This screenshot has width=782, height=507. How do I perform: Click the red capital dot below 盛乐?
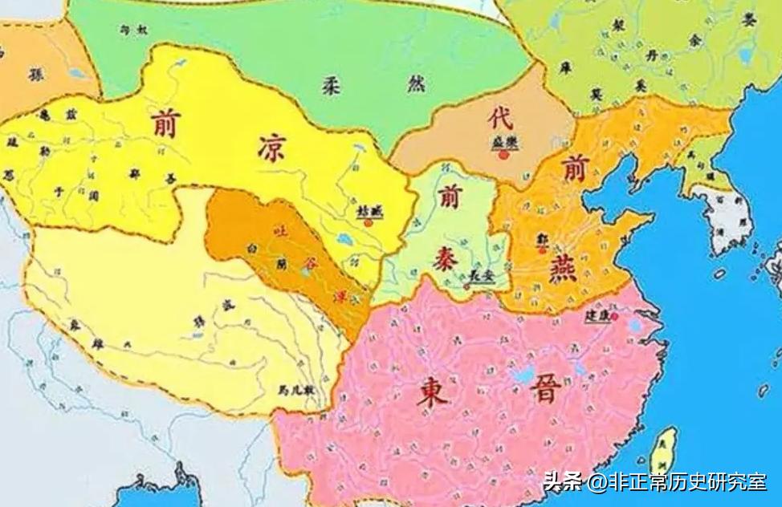click(503, 154)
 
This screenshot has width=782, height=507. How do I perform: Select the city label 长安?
click(480, 274)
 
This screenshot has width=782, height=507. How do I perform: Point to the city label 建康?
click(597, 316)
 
